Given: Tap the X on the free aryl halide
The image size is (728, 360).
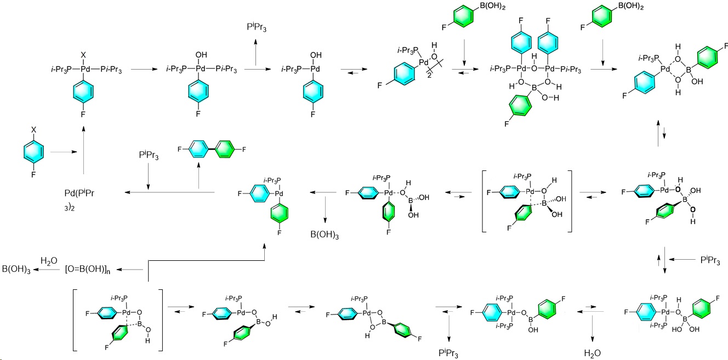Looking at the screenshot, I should pos(34,130).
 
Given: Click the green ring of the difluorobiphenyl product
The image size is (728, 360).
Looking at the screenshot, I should pos(225,148).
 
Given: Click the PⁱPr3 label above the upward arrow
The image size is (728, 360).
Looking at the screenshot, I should pos(257,27).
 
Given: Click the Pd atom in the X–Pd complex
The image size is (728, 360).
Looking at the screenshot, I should pos(83,70).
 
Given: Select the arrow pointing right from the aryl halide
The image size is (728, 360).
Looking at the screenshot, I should pos(61,152).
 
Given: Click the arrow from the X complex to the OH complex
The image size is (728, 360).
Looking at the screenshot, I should pos(144,70).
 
